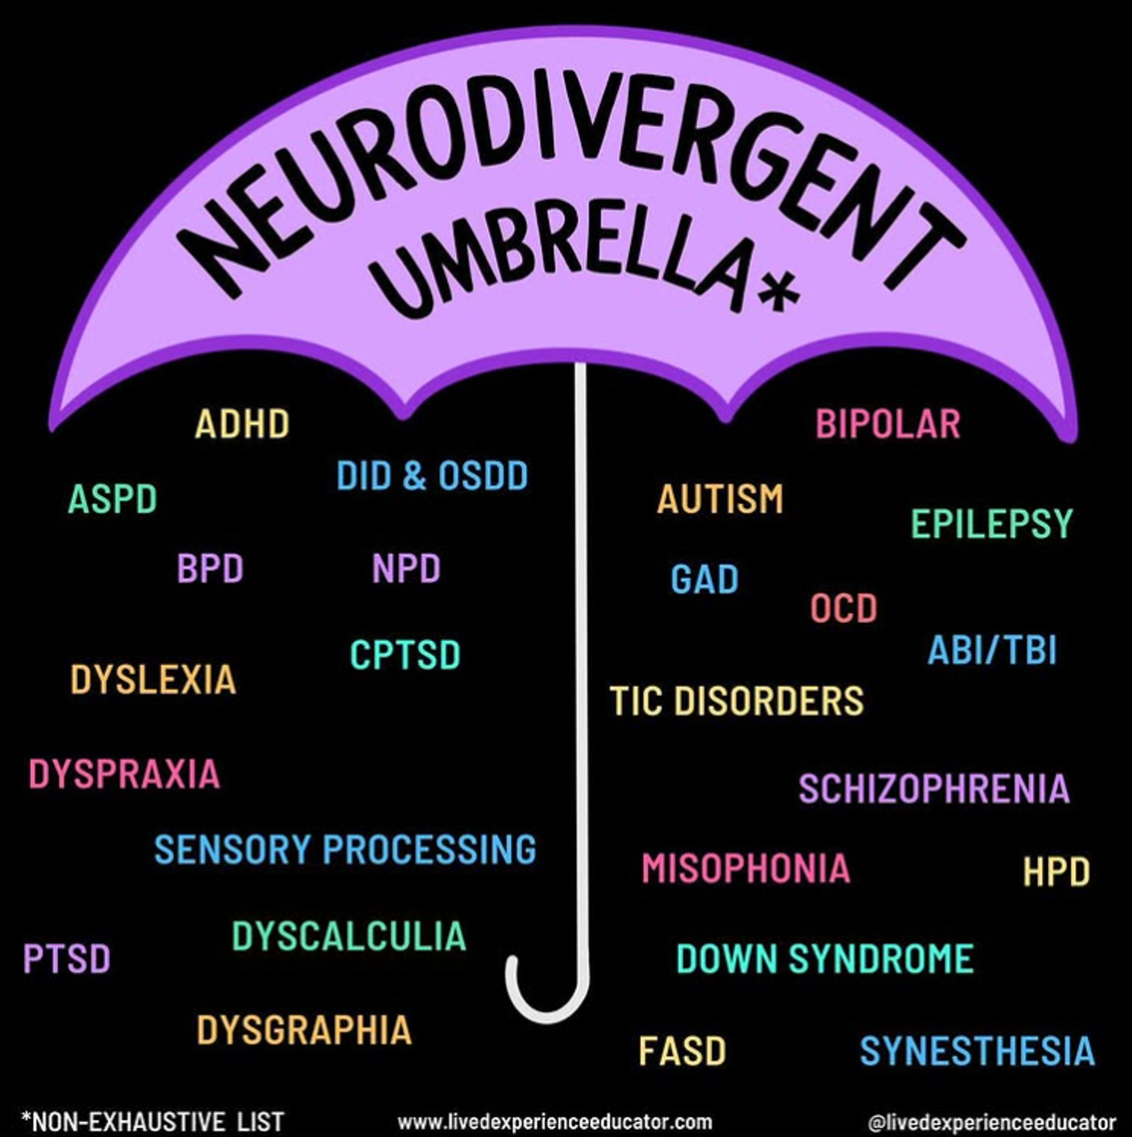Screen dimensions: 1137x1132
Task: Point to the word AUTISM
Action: (720, 499)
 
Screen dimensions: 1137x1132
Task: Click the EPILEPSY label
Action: (992, 524)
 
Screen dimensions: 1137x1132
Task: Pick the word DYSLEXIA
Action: (153, 680)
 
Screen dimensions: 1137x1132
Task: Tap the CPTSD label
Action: (405, 655)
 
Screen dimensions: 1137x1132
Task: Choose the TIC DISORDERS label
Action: (737, 700)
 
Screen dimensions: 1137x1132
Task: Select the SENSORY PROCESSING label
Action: (345, 849)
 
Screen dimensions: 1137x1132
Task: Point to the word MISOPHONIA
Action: (746, 869)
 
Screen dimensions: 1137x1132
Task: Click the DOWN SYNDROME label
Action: (825, 959)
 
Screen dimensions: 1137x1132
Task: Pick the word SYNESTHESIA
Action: (977, 1051)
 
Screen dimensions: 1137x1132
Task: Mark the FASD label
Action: (682, 1051)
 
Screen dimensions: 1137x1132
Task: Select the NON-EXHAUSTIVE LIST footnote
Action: (153, 1121)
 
